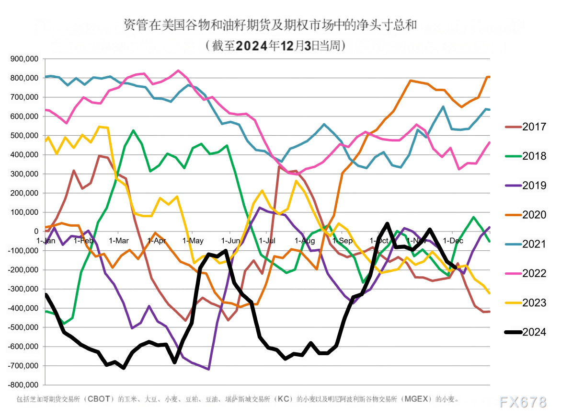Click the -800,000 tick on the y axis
(24, 385)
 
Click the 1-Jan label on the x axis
(46, 240)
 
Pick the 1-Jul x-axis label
(267, 240)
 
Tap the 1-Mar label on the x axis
(118, 240)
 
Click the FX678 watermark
(523, 402)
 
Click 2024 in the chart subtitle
(252, 46)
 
